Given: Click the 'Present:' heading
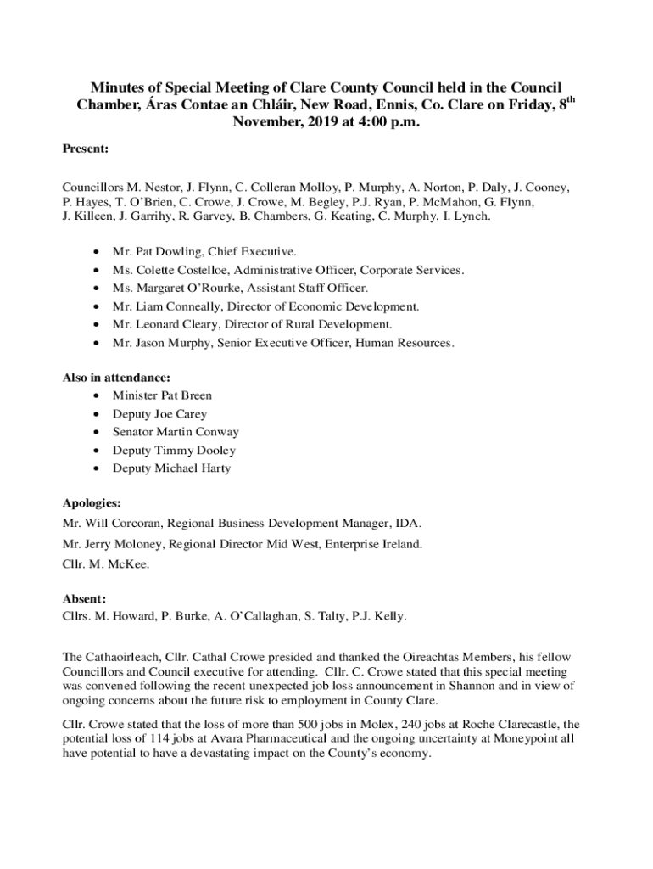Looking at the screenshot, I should tap(86, 149).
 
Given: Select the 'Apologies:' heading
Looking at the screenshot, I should tap(92, 502).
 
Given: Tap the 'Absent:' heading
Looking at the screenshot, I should tap(84, 597).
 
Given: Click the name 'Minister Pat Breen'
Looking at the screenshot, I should tap(162, 395).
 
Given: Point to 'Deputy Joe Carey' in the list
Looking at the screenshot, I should tap(159, 414).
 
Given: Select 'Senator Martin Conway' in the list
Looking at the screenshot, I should tap(176, 432).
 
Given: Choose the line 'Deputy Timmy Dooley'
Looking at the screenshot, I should tap(174, 451).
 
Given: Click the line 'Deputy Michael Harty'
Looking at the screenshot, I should tap(171, 468).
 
